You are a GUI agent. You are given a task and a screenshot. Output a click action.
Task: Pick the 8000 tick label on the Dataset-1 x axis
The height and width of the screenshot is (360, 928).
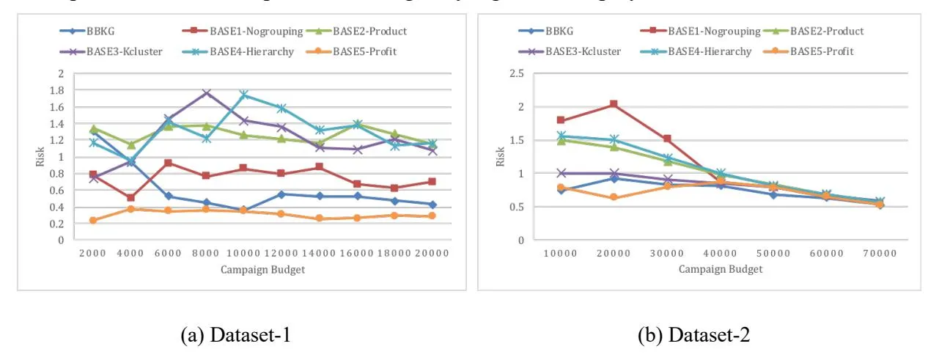(x=207, y=253)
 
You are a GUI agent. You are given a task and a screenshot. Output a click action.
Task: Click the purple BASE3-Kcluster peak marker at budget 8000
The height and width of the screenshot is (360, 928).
(x=207, y=93)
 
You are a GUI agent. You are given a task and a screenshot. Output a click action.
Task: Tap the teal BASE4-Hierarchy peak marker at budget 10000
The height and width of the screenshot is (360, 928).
(x=245, y=95)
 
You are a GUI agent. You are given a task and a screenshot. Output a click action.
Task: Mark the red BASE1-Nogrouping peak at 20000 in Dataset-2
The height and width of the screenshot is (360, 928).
(x=614, y=104)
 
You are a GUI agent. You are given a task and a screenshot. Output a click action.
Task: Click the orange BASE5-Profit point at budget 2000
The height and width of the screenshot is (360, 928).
(x=93, y=220)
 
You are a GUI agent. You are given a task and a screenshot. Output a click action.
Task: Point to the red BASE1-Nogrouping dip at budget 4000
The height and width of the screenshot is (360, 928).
(x=130, y=198)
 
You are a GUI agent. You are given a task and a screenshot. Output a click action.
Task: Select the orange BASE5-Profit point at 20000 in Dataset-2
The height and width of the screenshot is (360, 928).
(x=614, y=197)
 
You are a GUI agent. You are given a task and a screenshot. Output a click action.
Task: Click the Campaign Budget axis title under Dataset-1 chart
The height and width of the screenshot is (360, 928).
(x=263, y=269)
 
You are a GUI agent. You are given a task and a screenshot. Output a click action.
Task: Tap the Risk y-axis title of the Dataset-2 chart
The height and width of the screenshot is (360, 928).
(x=501, y=156)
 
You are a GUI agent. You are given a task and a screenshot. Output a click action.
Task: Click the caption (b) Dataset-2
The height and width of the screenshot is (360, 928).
(x=692, y=336)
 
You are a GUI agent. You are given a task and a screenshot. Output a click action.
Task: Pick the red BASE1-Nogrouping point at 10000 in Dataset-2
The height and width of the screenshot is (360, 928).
(x=561, y=120)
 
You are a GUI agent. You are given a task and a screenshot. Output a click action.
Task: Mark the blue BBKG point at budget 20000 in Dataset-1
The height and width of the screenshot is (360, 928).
(x=432, y=205)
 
